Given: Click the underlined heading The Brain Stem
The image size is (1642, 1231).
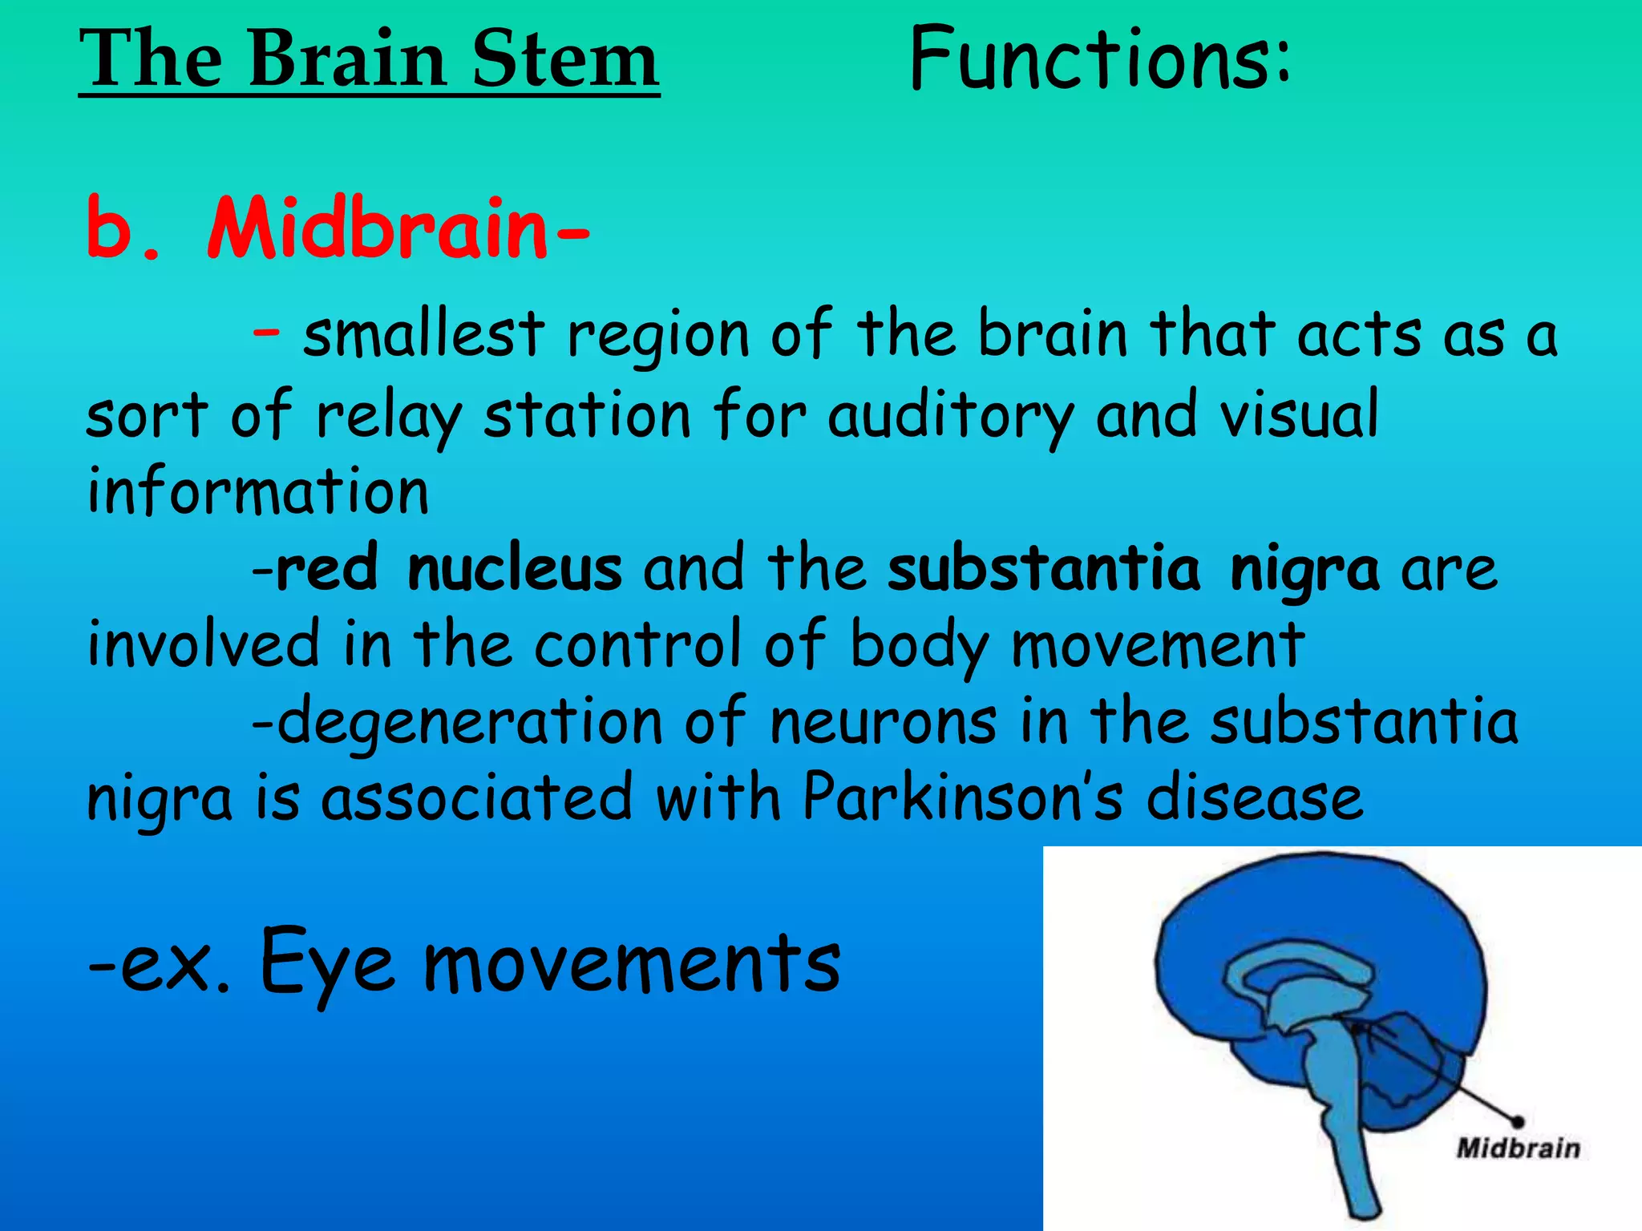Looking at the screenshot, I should click(x=369, y=59).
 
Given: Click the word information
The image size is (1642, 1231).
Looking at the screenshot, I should click(x=257, y=490).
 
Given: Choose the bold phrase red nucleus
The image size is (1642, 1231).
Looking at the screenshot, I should click(x=448, y=569).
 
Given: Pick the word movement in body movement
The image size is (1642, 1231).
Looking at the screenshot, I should click(x=1158, y=645).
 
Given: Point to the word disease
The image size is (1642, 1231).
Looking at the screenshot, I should click(x=1255, y=798).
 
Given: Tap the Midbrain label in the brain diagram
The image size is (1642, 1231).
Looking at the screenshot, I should click(x=1518, y=1148).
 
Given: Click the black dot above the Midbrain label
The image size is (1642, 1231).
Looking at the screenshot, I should click(x=1517, y=1121).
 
